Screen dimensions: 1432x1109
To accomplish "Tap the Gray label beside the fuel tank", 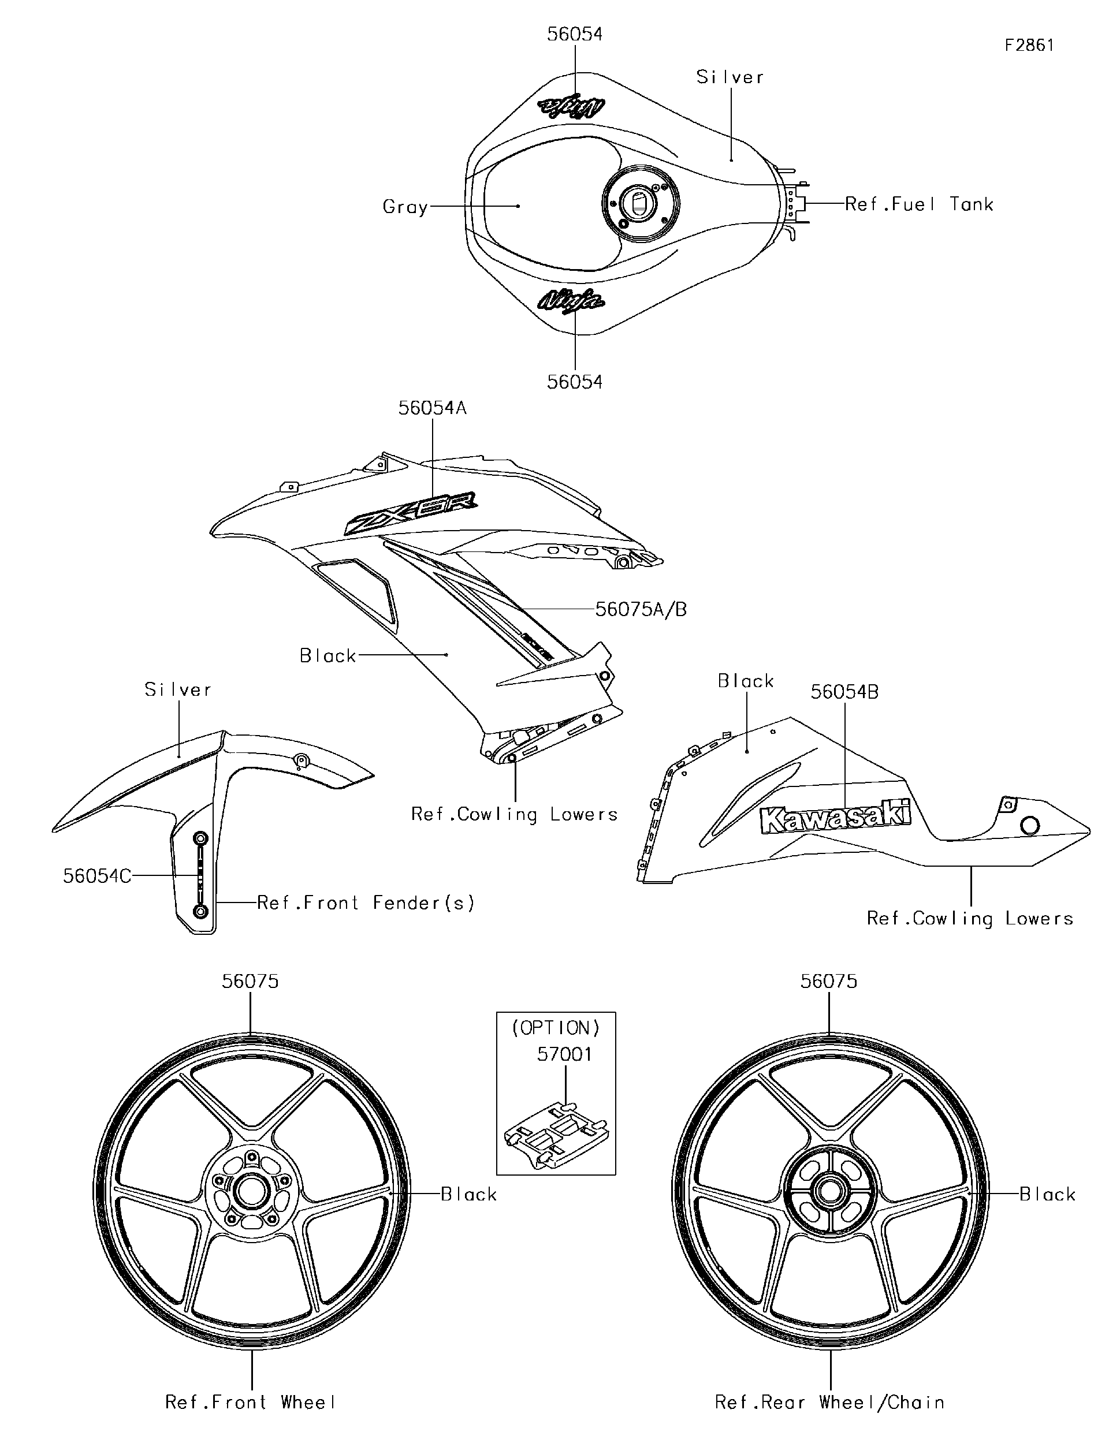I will pos(405,207).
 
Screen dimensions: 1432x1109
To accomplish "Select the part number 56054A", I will pos(432,408).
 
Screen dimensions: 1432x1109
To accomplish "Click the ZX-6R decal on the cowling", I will pos(411,513).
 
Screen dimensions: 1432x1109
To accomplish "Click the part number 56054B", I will pos(844,692).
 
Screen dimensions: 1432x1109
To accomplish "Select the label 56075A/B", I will pos(641,610).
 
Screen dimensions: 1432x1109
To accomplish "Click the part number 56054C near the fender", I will pos(96,876).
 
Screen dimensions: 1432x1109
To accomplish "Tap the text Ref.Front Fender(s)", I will pos(365,903).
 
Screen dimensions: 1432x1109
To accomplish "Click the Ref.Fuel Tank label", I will pos(918,204).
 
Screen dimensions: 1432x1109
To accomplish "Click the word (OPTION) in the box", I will pos(556,1027).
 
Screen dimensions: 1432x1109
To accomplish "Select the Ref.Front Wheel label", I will pos(251,1402).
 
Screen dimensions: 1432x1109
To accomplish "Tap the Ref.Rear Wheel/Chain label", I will pos(829,1402).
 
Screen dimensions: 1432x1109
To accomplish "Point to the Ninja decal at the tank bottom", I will pos(571,300).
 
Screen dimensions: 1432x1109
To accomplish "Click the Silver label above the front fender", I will pos(178,690).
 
